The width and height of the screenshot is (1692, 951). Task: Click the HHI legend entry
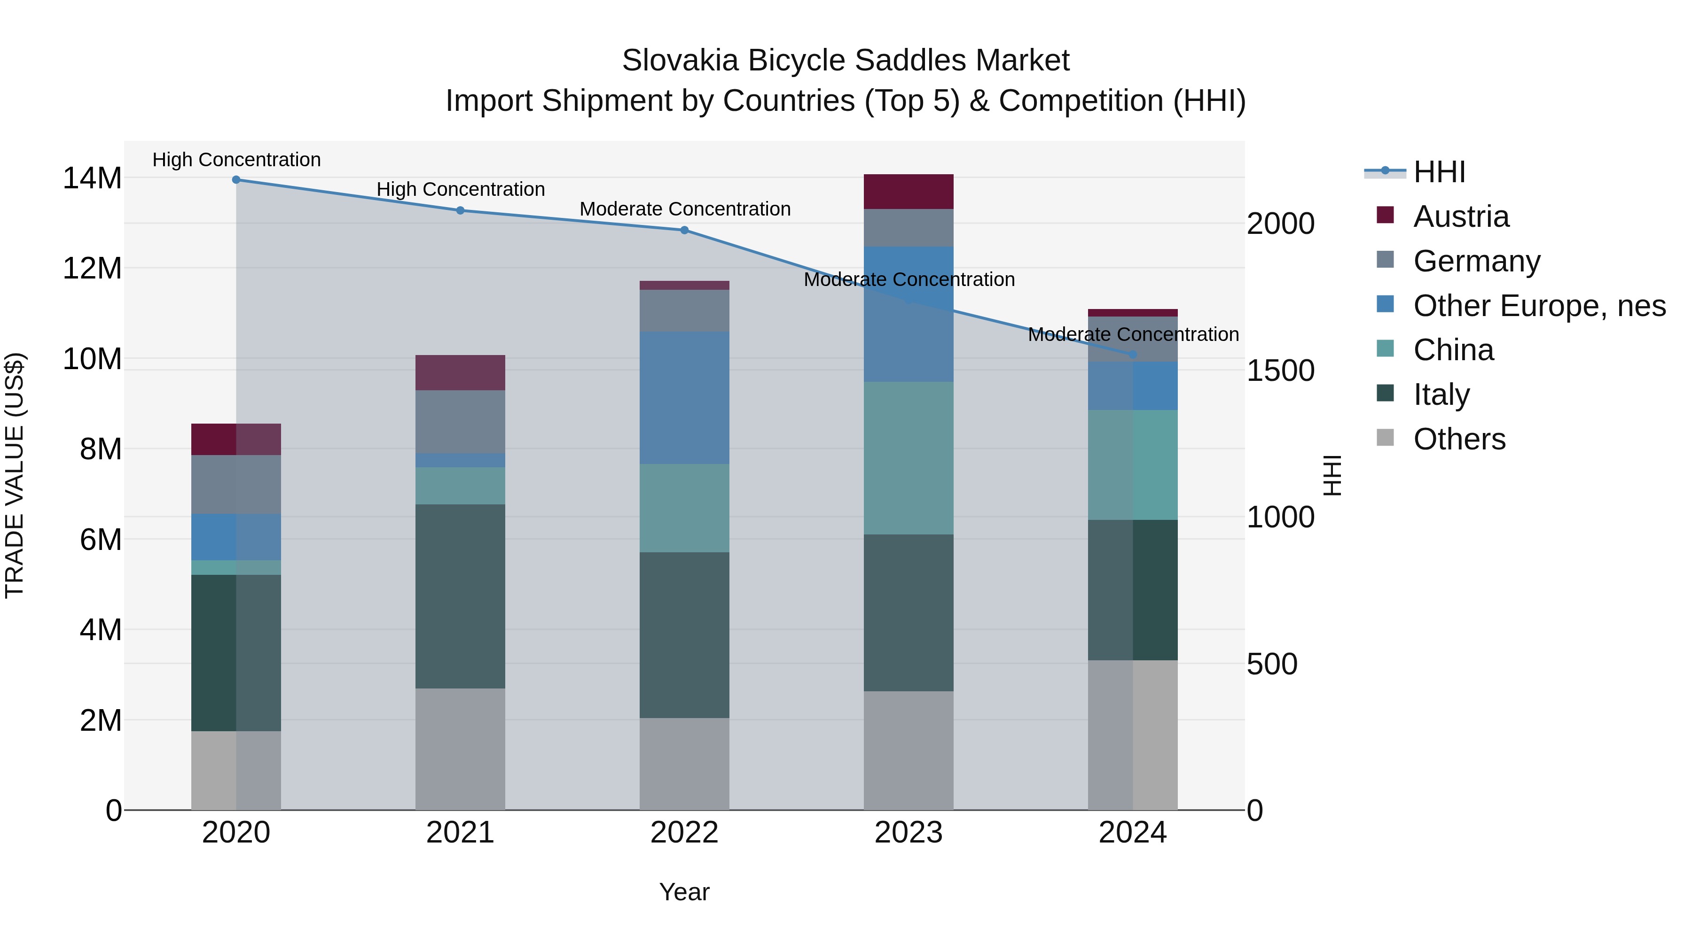click(x=1439, y=172)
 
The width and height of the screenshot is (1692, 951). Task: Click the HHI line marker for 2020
click(x=236, y=180)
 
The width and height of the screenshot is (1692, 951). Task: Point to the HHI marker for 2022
click(x=684, y=231)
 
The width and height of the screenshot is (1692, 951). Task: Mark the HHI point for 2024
click(x=1132, y=355)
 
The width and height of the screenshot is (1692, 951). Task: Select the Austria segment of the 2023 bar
click(x=909, y=192)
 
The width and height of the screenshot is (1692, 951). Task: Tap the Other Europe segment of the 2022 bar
click(x=684, y=398)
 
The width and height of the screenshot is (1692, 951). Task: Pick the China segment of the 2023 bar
click(x=909, y=457)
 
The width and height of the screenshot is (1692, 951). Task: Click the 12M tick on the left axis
click(x=92, y=269)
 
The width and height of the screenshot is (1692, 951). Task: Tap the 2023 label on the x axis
click(x=909, y=833)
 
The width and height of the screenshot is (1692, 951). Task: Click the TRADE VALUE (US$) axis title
click(x=15, y=475)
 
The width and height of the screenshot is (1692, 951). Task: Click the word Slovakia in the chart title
click(x=681, y=61)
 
